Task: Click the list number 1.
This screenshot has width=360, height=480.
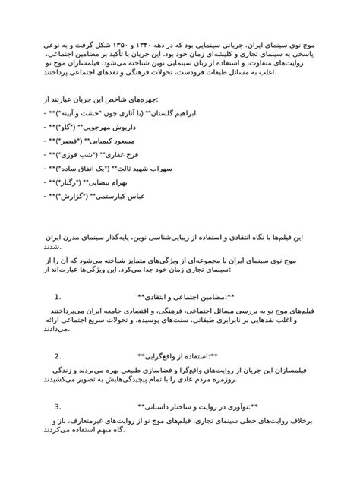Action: [x=58, y=297]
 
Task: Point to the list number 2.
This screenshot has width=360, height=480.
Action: [x=58, y=355]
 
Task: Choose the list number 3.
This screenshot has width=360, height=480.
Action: [x=58, y=406]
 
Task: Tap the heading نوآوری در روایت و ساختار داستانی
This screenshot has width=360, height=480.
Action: [x=199, y=406]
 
